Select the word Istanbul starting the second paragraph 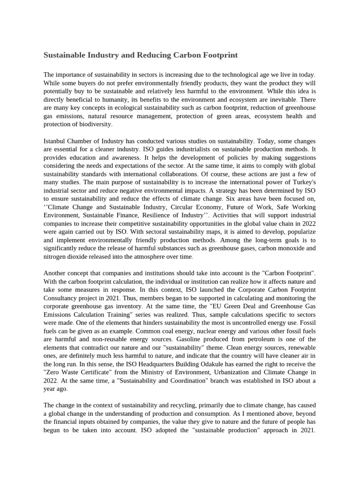(56, 141)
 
